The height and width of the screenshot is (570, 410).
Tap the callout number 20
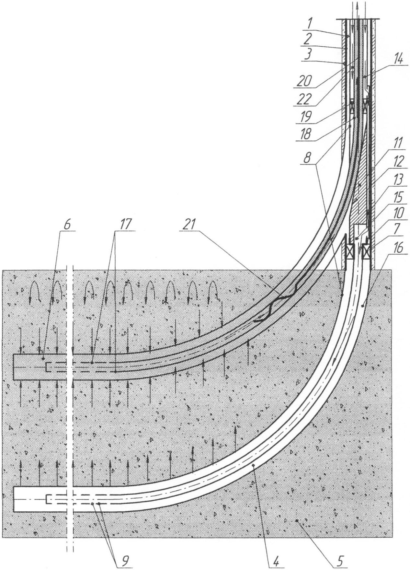coord(304,81)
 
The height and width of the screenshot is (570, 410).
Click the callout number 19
coord(304,116)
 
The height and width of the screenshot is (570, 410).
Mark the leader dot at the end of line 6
coord(43,359)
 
